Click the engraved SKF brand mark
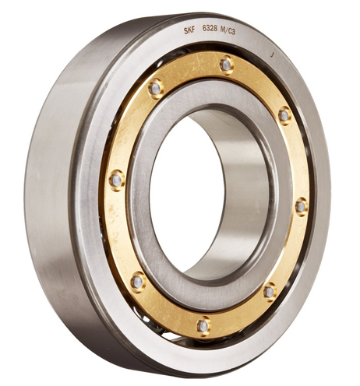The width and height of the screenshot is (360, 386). coord(189,32)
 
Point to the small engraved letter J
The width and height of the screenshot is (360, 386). coord(272,55)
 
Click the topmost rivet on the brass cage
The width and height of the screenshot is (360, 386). coord(226,65)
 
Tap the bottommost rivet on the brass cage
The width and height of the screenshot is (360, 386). coord(203,325)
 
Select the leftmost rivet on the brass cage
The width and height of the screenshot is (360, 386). coord(116,180)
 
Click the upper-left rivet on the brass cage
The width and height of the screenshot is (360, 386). coord(156,87)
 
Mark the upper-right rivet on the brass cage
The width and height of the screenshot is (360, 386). coord(284,115)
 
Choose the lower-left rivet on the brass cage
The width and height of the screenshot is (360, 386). coord(137,280)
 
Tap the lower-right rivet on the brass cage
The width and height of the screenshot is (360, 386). coord(270,292)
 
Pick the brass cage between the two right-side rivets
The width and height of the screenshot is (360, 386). coord(297,160)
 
